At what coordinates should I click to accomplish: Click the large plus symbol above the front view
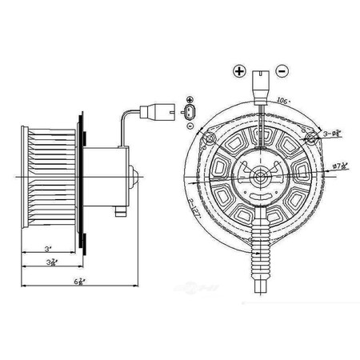pos(238,71)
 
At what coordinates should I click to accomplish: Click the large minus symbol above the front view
pos(282,71)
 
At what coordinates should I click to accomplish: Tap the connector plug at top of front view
pos(260,82)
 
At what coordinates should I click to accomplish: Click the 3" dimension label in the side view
pos(50,249)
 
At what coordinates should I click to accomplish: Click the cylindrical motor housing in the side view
pos(106,175)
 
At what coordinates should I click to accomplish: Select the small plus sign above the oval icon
pos(189,96)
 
